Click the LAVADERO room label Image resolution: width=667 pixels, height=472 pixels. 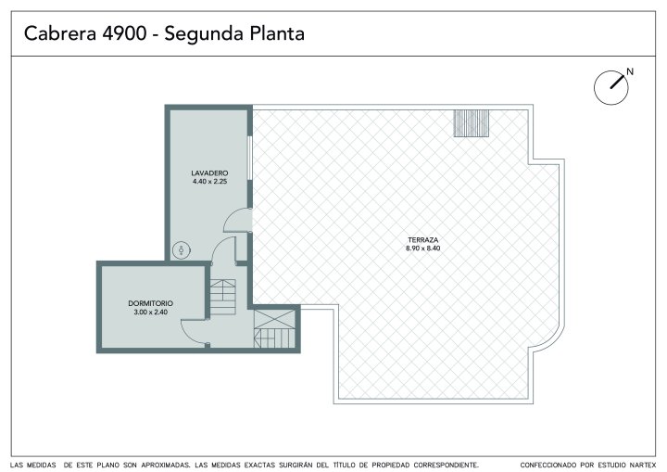tap(209, 173)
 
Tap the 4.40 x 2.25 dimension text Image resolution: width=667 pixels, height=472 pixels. tap(209, 182)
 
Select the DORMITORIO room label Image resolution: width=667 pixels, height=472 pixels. tap(151, 303)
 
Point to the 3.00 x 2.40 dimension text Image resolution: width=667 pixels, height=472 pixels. tap(151, 312)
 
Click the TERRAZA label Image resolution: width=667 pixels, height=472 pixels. tap(422, 240)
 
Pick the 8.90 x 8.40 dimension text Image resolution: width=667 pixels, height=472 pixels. tap(422, 249)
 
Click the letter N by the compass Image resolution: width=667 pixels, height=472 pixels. tap(630, 71)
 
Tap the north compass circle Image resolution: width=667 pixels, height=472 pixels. tap(610, 88)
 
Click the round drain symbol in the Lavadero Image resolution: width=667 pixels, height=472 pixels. tap(182, 250)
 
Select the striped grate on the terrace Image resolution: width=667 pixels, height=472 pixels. tap(472, 123)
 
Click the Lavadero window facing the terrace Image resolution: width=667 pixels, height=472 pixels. tap(250, 158)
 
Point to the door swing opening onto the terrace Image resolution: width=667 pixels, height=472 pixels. tap(237, 220)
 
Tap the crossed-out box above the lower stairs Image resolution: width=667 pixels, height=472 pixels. tap(275, 319)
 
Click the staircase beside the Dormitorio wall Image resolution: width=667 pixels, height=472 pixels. tap(223, 297)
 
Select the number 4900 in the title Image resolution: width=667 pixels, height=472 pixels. tap(124, 33)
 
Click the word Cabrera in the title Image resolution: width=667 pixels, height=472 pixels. tap(60, 33)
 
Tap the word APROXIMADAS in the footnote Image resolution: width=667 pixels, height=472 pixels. tap(165, 466)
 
